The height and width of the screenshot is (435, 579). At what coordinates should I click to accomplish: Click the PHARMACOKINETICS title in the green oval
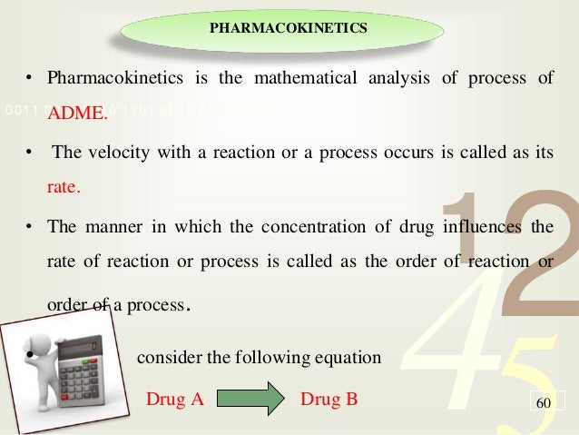289,27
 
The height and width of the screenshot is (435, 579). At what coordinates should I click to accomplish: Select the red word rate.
64,190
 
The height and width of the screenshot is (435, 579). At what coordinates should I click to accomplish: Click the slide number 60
545,400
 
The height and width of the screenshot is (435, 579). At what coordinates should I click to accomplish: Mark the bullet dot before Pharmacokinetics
29,78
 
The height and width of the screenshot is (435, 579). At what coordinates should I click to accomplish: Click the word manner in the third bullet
108,228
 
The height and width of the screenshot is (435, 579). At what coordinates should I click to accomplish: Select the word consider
165,357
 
